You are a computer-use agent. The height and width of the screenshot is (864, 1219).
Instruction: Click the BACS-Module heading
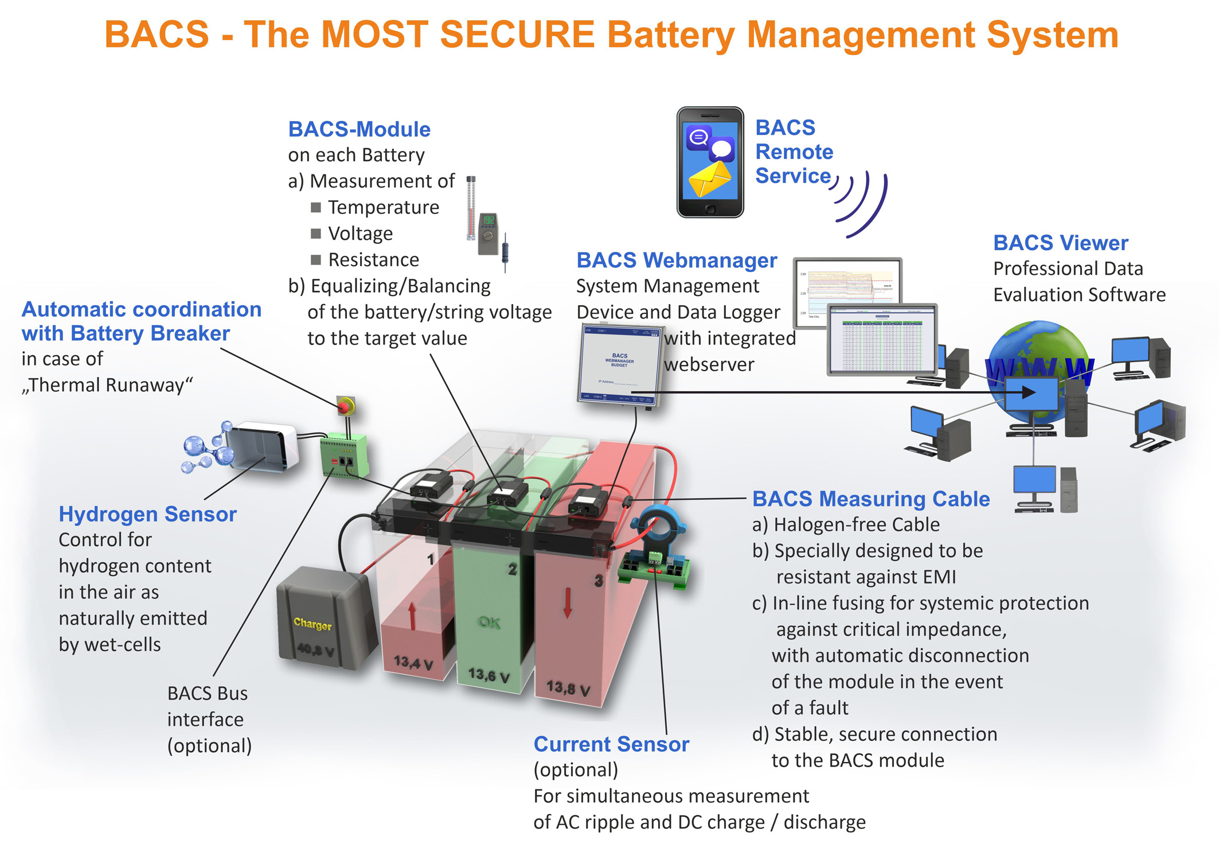pyautogui.click(x=359, y=129)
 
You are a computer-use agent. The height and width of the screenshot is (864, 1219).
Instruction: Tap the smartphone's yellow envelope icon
pyautogui.click(x=709, y=180)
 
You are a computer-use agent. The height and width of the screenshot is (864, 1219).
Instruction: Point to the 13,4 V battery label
pyautogui.click(x=413, y=663)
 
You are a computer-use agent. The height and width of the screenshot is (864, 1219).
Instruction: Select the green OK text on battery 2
pyautogui.click(x=489, y=622)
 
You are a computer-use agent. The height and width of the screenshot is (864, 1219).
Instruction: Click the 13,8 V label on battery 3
pyautogui.click(x=568, y=687)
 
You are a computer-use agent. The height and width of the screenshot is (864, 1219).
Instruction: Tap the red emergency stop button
pyautogui.click(x=345, y=406)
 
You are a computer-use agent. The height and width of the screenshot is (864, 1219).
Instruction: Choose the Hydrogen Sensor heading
pyautogui.click(x=147, y=514)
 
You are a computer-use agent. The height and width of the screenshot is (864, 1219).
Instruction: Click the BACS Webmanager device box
pyautogui.click(x=619, y=365)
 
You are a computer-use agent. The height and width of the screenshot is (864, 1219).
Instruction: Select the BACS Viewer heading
pyautogui.click(x=1060, y=243)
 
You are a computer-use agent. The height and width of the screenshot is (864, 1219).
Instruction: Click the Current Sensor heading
pyautogui.click(x=611, y=744)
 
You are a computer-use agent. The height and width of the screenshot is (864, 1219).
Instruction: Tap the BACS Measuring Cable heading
pyautogui.click(x=870, y=499)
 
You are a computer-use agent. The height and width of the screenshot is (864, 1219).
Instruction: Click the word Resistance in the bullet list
pyautogui.click(x=373, y=260)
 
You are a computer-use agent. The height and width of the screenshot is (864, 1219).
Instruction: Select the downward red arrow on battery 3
pyautogui.click(x=567, y=602)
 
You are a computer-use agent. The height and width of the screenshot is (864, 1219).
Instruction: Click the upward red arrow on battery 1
pyautogui.click(x=412, y=616)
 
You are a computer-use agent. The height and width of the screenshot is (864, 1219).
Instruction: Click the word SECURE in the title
pyautogui.click(x=517, y=34)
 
